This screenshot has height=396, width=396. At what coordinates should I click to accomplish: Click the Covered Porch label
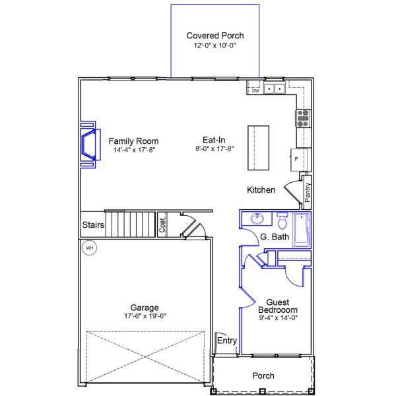tap(214, 36)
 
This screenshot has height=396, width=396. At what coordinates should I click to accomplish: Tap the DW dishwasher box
tap(255, 91)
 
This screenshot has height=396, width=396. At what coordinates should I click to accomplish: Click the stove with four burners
tap(303, 117)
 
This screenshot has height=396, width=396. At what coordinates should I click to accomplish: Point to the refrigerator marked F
tap(296, 159)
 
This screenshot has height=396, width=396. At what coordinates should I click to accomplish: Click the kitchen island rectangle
tap(259, 146)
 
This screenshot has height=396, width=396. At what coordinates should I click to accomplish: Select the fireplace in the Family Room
tap(87, 145)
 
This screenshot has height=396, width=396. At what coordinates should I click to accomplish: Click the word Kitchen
tap(261, 190)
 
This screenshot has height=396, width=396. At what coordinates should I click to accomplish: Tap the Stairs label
tap(93, 225)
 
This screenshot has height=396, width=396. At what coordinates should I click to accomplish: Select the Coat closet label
tap(162, 225)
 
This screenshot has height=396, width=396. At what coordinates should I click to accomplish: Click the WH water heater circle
tap(88, 248)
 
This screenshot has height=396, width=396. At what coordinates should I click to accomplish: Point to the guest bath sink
tap(257, 219)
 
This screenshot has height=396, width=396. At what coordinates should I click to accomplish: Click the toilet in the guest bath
tap(282, 220)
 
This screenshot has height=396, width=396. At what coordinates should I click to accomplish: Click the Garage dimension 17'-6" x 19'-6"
tap(144, 316)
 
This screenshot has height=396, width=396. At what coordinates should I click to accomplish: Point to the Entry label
tap(226, 341)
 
